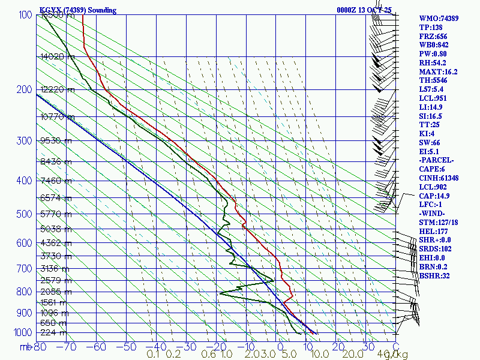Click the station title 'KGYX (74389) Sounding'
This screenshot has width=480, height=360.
78,10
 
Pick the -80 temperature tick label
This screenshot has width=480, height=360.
40,346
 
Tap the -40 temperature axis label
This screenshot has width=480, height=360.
157,346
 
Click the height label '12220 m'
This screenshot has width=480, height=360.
58,90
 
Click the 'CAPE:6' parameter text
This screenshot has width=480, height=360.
432,169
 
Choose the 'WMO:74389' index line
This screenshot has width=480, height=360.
439,19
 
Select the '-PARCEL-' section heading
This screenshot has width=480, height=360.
437,160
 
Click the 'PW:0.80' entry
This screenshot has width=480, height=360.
433,54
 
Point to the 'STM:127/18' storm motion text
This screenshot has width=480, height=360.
439,222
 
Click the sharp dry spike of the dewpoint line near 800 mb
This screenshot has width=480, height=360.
220,293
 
